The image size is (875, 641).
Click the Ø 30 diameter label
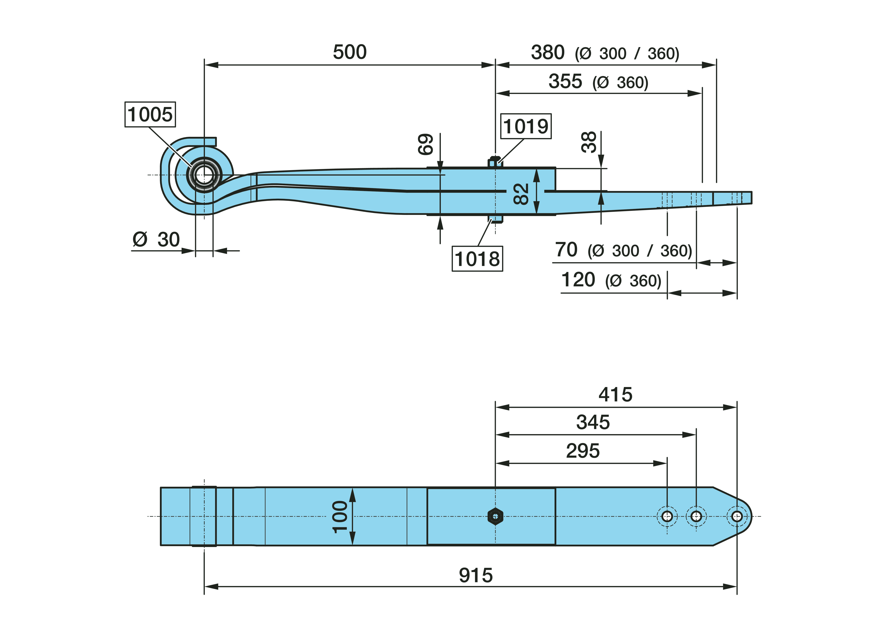[x=156, y=239]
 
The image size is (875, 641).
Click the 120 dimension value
[x=578, y=280]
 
